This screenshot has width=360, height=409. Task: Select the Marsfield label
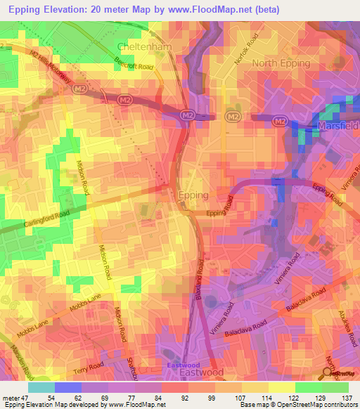tap(337, 126)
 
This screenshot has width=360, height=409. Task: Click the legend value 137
tap(347, 398)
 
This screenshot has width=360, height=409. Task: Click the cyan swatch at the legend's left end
tap(41, 387)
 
